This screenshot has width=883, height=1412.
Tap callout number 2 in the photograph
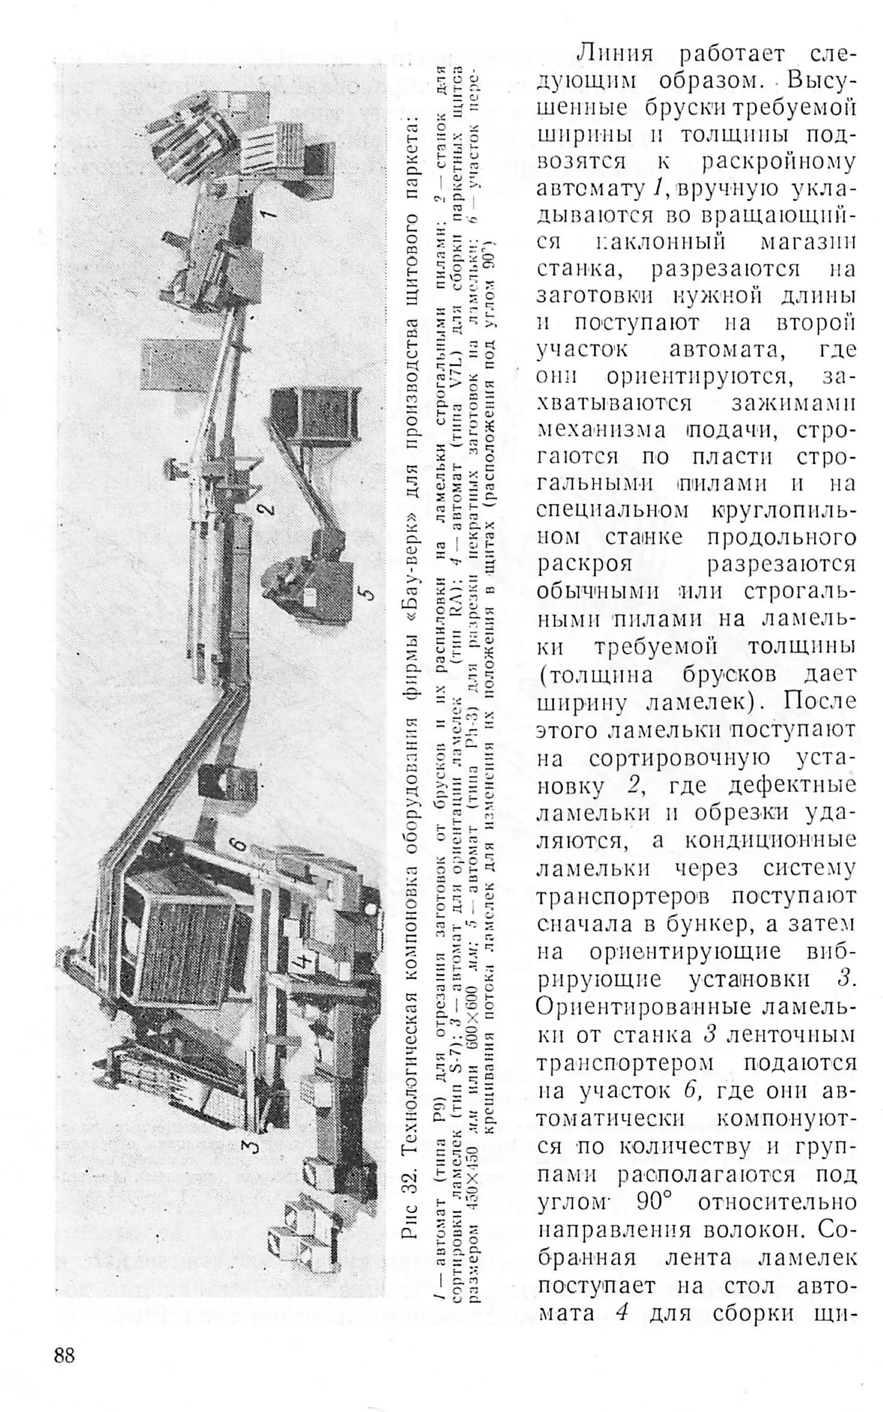[x=266, y=508]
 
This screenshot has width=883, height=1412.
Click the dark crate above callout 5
[x=313, y=415]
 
